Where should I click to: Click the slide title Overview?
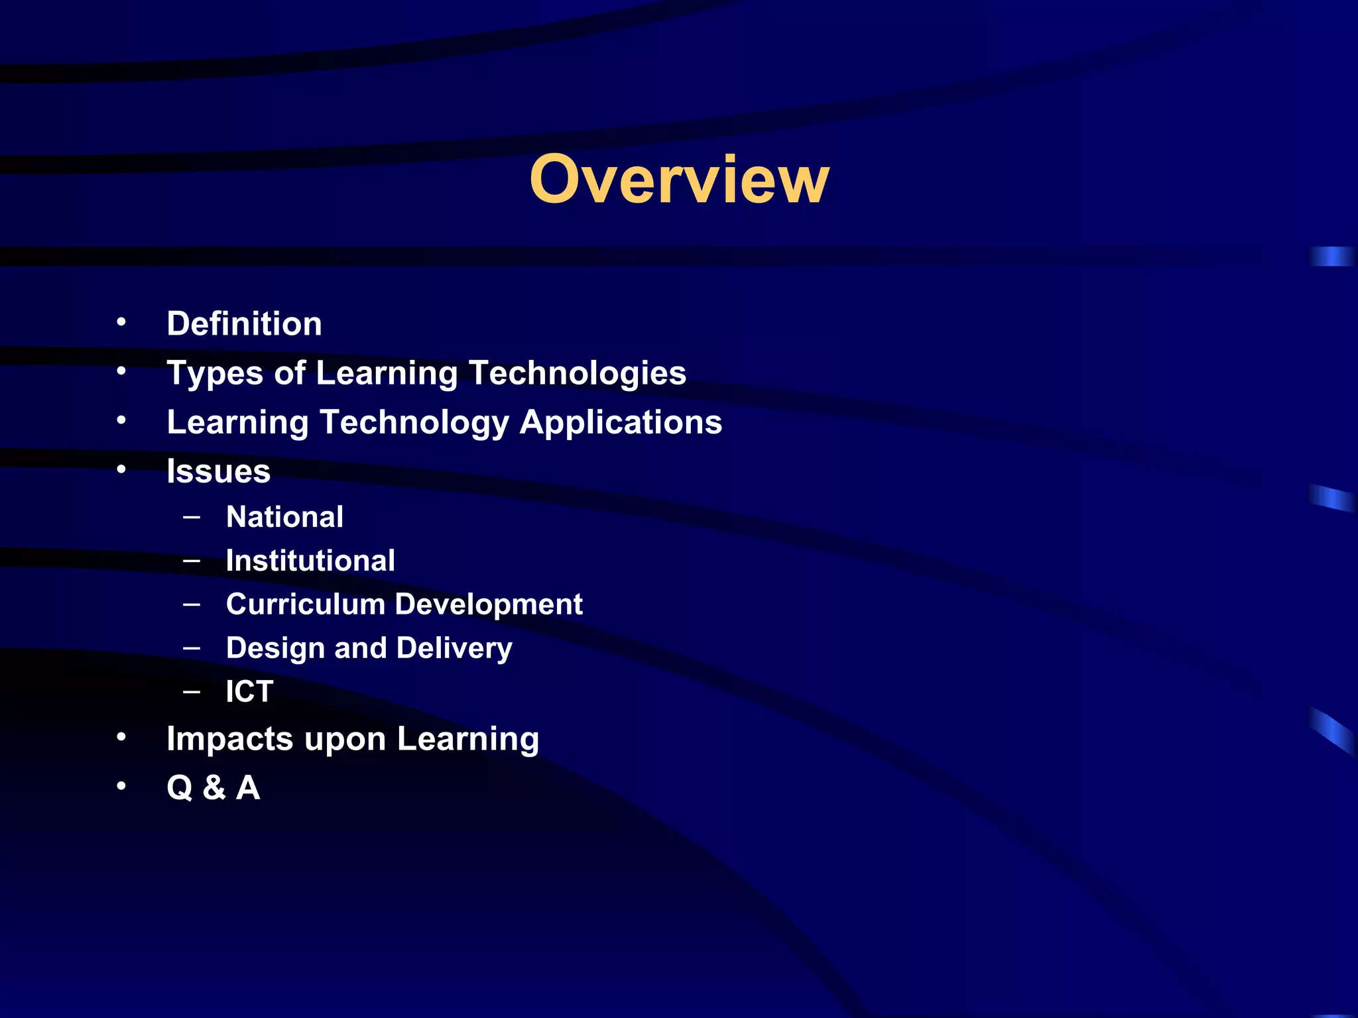pyautogui.click(x=679, y=179)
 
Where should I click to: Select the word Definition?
pyautogui.click(x=244, y=324)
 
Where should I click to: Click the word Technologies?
pyautogui.click(x=577, y=373)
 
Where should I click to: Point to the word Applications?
pyautogui.click(x=621, y=422)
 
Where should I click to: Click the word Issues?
pyautogui.click(x=218, y=471)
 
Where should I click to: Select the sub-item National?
pyautogui.click(x=284, y=517)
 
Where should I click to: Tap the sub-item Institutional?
pyautogui.click(x=310, y=561)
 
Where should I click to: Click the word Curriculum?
pyautogui.click(x=306, y=604)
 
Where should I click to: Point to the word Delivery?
pyautogui.click(x=454, y=649)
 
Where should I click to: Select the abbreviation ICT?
pyautogui.click(x=249, y=692)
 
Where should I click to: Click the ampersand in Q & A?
pyautogui.click(x=214, y=788)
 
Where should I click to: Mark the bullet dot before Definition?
pyautogui.click(x=121, y=323)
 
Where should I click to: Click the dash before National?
pyautogui.click(x=192, y=516)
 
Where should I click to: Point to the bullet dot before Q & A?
pyautogui.click(x=121, y=787)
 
